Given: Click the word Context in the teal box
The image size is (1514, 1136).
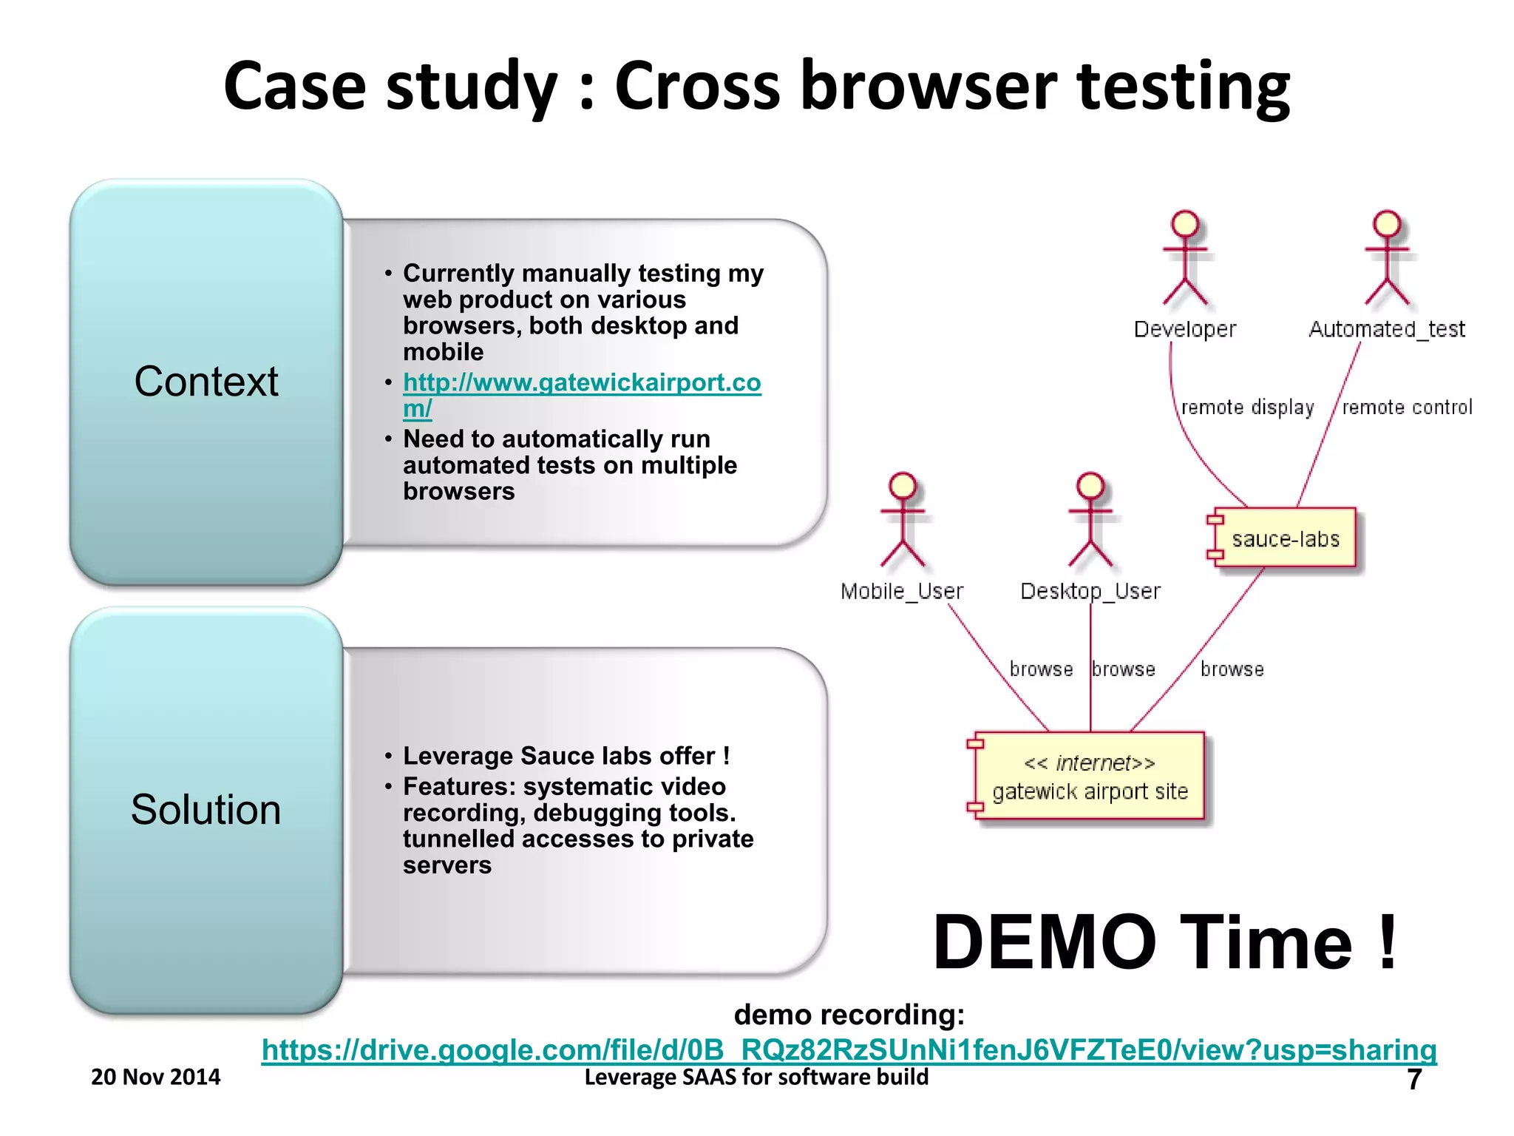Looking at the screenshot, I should pyautogui.click(x=206, y=382).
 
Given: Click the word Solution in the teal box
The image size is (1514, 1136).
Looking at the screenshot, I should pyautogui.click(x=206, y=809).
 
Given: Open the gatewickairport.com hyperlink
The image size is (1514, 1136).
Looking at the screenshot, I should pyautogui.click(x=581, y=382).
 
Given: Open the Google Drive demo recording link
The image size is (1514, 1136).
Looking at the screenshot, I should pyautogui.click(x=849, y=1049).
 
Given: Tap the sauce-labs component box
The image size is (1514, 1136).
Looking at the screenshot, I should pyautogui.click(x=1285, y=538).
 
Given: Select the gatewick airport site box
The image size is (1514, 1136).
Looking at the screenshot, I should pyautogui.click(x=1090, y=777).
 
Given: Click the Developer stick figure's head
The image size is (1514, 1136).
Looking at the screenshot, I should pyautogui.click(x=1185, y=223).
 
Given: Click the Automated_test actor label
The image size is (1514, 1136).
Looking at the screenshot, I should pyautogui.click(x=1386, y=329).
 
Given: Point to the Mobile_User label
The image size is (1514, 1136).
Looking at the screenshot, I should pyautogui.click(x=902, y=591).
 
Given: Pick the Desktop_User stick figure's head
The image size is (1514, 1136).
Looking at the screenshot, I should pyautogui.click(x=1090, y=485).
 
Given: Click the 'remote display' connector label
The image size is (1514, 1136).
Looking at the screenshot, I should pyautogui.click(x=1247, y=408).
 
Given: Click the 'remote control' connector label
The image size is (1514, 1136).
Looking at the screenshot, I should pyautogui.click(x=1407, y=408).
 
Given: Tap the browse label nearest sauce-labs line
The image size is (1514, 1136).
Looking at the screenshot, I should pyautogui.click(x=1232, y=669).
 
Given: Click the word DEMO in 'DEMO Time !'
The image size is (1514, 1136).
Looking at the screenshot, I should pyautogui.click(x=1043, y=942).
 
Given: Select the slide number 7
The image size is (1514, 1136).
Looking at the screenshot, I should pyautogui.click(x=1413, y=1079).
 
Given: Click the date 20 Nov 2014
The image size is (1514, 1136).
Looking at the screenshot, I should pyautogui.click(x=155, y=1077).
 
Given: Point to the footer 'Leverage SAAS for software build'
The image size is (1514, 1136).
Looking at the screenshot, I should pyautogui.click(x=756, y=1077).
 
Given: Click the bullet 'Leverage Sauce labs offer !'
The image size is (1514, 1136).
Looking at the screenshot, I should pyautogui.click(x=566, y=756).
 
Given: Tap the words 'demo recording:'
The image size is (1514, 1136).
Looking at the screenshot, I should pyautogui.click(x=849, y=1015).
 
